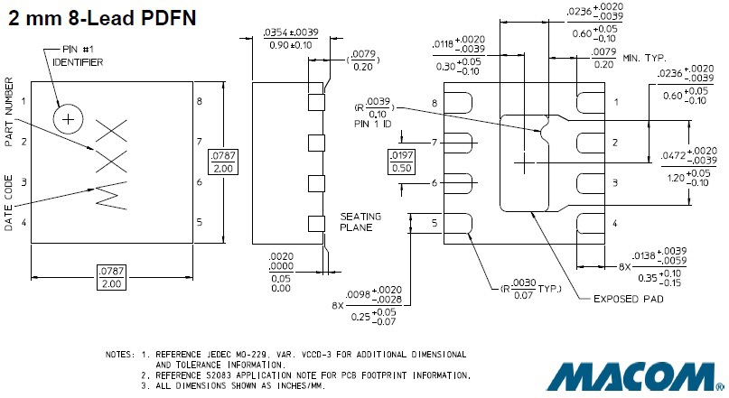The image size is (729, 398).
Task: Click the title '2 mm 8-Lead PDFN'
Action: click(103, 16)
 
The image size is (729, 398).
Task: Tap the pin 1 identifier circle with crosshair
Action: click(69, 118)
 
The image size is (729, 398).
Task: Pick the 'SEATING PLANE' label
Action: click(361, 222)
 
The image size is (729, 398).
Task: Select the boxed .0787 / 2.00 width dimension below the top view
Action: click(112, 277)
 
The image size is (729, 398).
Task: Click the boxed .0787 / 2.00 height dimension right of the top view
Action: click(224, 162)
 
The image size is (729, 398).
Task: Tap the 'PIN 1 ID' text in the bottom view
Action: click(374, 124)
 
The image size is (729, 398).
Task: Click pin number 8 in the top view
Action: click(199, 101)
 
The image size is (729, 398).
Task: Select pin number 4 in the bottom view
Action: click(614, 223)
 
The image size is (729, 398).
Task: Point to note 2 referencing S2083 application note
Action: click(304, 375)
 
